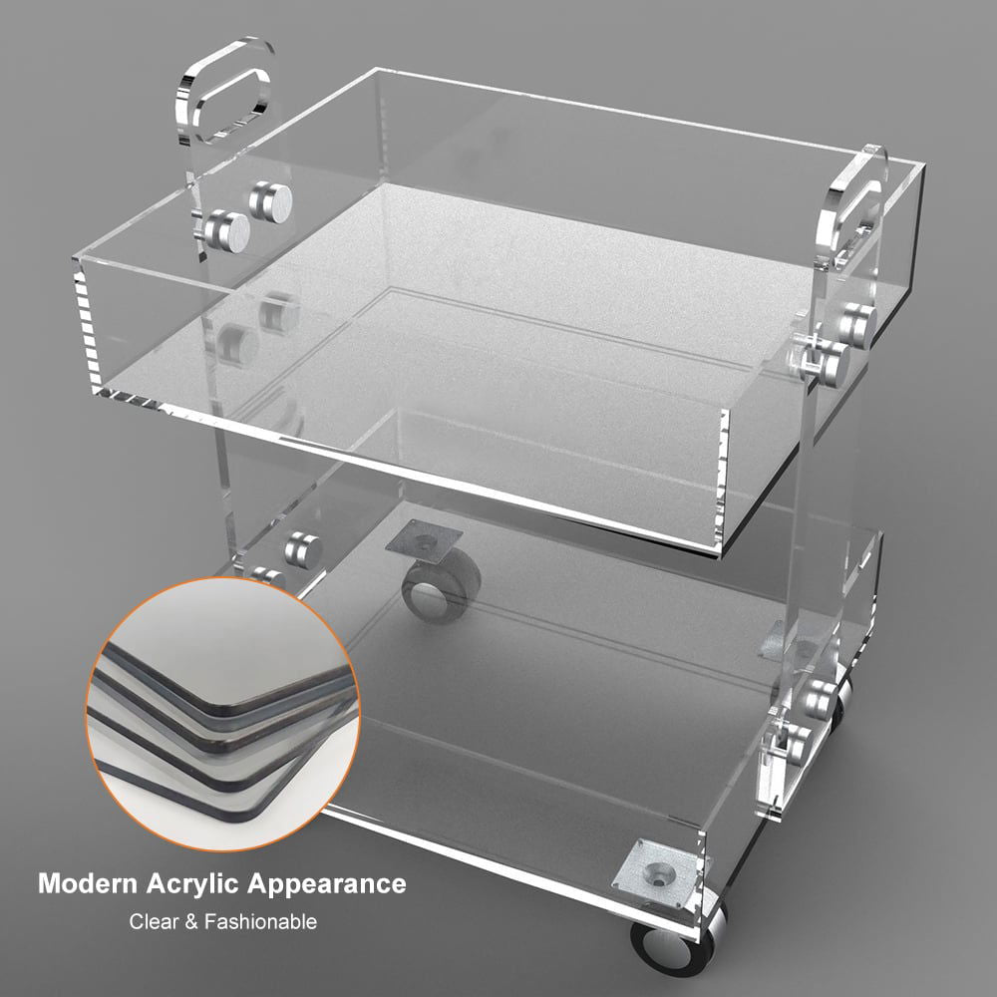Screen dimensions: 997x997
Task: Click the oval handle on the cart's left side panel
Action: [x=223, y=90]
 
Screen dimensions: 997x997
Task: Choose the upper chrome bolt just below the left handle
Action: [x=271, y=199]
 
